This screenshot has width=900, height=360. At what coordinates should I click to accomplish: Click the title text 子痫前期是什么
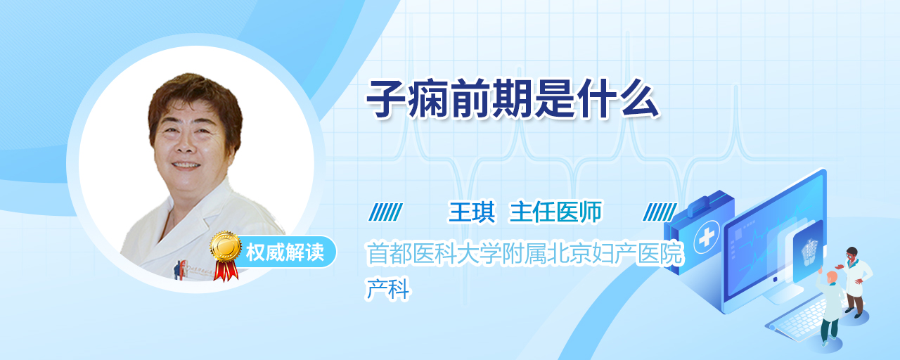coord(513,99)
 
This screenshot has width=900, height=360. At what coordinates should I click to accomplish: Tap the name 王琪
coord(472,212)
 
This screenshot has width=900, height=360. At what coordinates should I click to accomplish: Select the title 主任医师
coord(556,212)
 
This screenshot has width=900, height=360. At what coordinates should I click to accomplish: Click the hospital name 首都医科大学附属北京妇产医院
coord(525,253)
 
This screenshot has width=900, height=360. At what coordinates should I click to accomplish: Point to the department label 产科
coord(387,288)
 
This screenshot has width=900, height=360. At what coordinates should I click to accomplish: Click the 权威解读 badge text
coord(285,252)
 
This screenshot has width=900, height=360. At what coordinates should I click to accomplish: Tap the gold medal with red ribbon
coord(226,255)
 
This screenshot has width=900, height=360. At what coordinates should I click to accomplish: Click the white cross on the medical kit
coord(707,237)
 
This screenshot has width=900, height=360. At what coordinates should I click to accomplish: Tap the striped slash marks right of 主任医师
coord(660,212)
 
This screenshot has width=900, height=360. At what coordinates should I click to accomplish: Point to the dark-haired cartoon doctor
coord(855,282)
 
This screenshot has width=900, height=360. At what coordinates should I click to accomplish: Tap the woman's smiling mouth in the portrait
coord(186,165)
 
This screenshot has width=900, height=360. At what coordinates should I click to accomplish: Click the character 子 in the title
coord(386,99)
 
